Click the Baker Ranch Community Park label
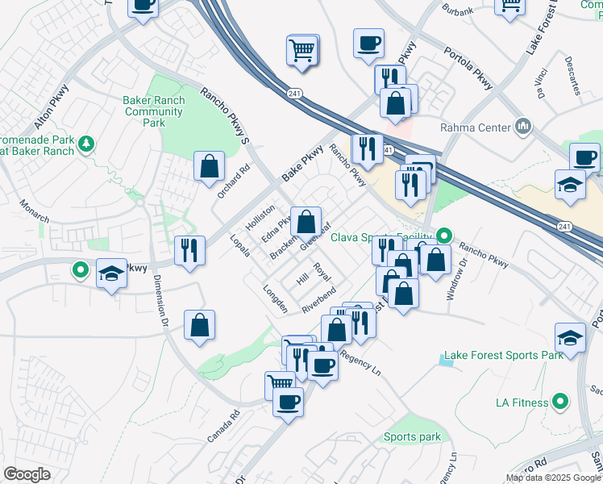[x=154, y=111]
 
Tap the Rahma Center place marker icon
[x=524, y=127]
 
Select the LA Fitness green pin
[x=563, y=401]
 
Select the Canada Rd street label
[x=223, y=427]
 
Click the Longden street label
[x=275, y=298]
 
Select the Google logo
[x=27, y=474]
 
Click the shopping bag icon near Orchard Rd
[x=209, y=166]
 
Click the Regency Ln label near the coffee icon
[x=360, y=361]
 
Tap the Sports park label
[x=412, y=437]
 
